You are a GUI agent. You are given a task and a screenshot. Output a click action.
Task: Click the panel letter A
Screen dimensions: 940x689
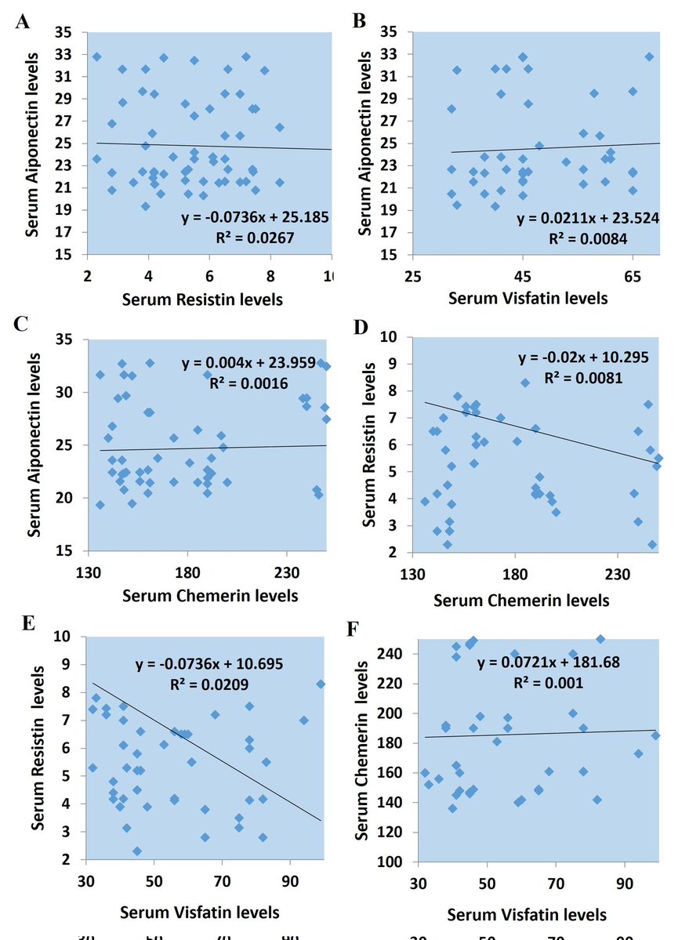click(x=24, y=21)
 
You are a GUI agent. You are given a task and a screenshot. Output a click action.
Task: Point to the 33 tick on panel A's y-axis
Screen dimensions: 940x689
click(x=70, y=54)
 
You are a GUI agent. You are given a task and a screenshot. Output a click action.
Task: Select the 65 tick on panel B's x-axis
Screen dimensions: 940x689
click(x=633, y=276)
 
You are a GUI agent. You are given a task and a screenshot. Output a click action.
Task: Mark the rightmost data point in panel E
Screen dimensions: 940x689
click(x=321, y=684)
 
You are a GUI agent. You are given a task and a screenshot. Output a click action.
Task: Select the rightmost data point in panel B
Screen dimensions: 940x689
click(x=649, y=56)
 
